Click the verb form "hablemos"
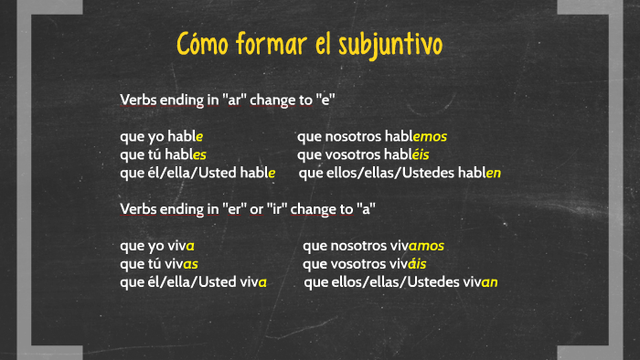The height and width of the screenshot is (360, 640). (416, 136)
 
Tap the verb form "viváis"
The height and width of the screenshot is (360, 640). (408, 264)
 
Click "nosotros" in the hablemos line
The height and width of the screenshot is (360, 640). (351, 136)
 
